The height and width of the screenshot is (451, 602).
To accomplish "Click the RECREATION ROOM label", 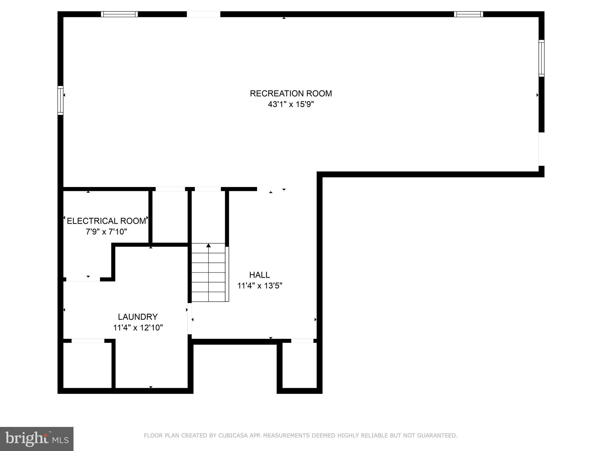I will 291,93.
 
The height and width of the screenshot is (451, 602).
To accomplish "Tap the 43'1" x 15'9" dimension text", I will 291,104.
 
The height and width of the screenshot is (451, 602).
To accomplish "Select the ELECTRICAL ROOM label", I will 106,221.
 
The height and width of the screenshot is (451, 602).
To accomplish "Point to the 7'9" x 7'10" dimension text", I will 106,232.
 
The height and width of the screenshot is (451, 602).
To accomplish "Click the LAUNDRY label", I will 138,317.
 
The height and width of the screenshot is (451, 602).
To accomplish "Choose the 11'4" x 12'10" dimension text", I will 138,328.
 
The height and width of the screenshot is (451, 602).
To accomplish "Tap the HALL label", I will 259,275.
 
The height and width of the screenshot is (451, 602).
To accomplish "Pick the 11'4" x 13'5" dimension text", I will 260,286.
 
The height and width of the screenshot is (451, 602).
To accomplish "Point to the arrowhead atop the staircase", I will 208,245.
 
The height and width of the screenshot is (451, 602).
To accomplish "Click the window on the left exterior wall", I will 60,100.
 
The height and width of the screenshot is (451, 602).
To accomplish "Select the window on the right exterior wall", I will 541,58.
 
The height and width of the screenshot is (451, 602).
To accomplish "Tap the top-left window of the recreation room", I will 119,14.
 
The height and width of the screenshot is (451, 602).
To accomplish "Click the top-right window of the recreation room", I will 468,14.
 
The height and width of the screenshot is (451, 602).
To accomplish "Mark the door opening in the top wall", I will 203,14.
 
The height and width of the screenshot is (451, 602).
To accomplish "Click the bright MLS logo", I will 37,439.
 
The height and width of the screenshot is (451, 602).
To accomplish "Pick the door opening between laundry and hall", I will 190,319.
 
